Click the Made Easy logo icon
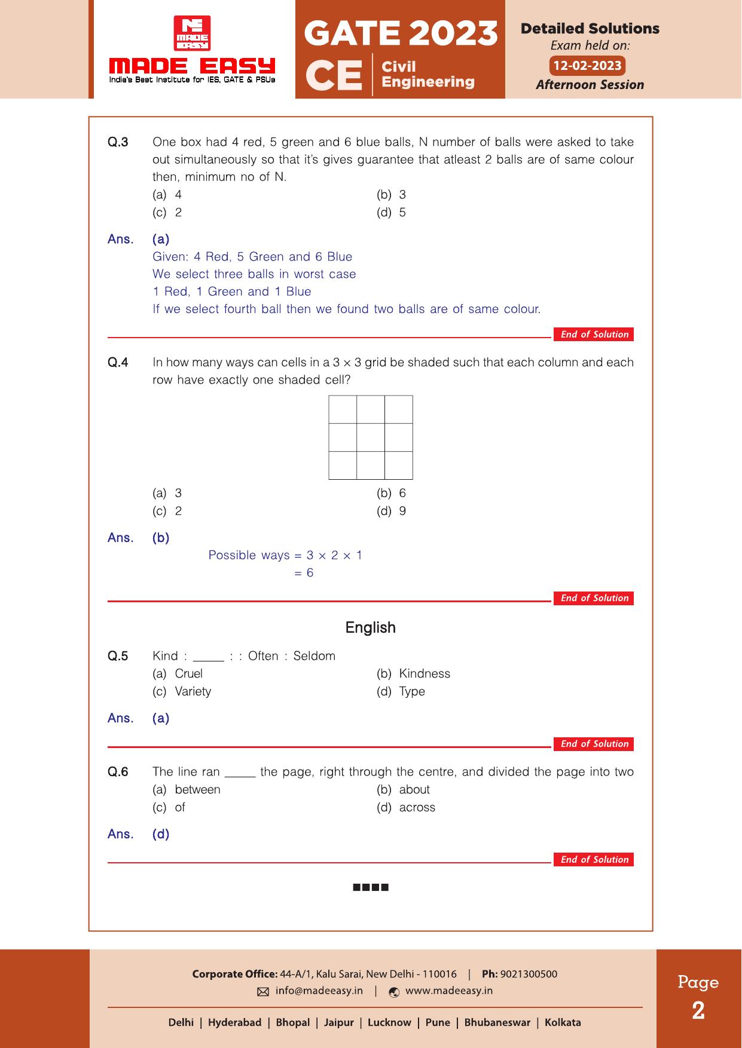tap(191, 33)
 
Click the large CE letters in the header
tap(334, 76)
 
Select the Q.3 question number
tap(118, 142)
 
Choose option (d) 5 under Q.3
tap(392, 213)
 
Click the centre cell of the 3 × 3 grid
tap(371, 437)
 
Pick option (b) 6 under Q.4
tap(392, 494)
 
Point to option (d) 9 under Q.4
tap(392, 511)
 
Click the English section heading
tap(371, 627)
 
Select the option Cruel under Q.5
tap(188, 674)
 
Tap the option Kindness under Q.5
tap(424, 674)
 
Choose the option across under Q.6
tap(417, 808)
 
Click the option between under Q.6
tap(197, 790)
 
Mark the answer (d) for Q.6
tap(161, 834)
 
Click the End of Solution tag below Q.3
tap(594, 335)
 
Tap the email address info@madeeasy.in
tap(319, 991)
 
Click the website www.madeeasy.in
tap(448, 991)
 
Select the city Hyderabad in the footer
tap(234, 1022)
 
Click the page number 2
tap(698, 1011)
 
